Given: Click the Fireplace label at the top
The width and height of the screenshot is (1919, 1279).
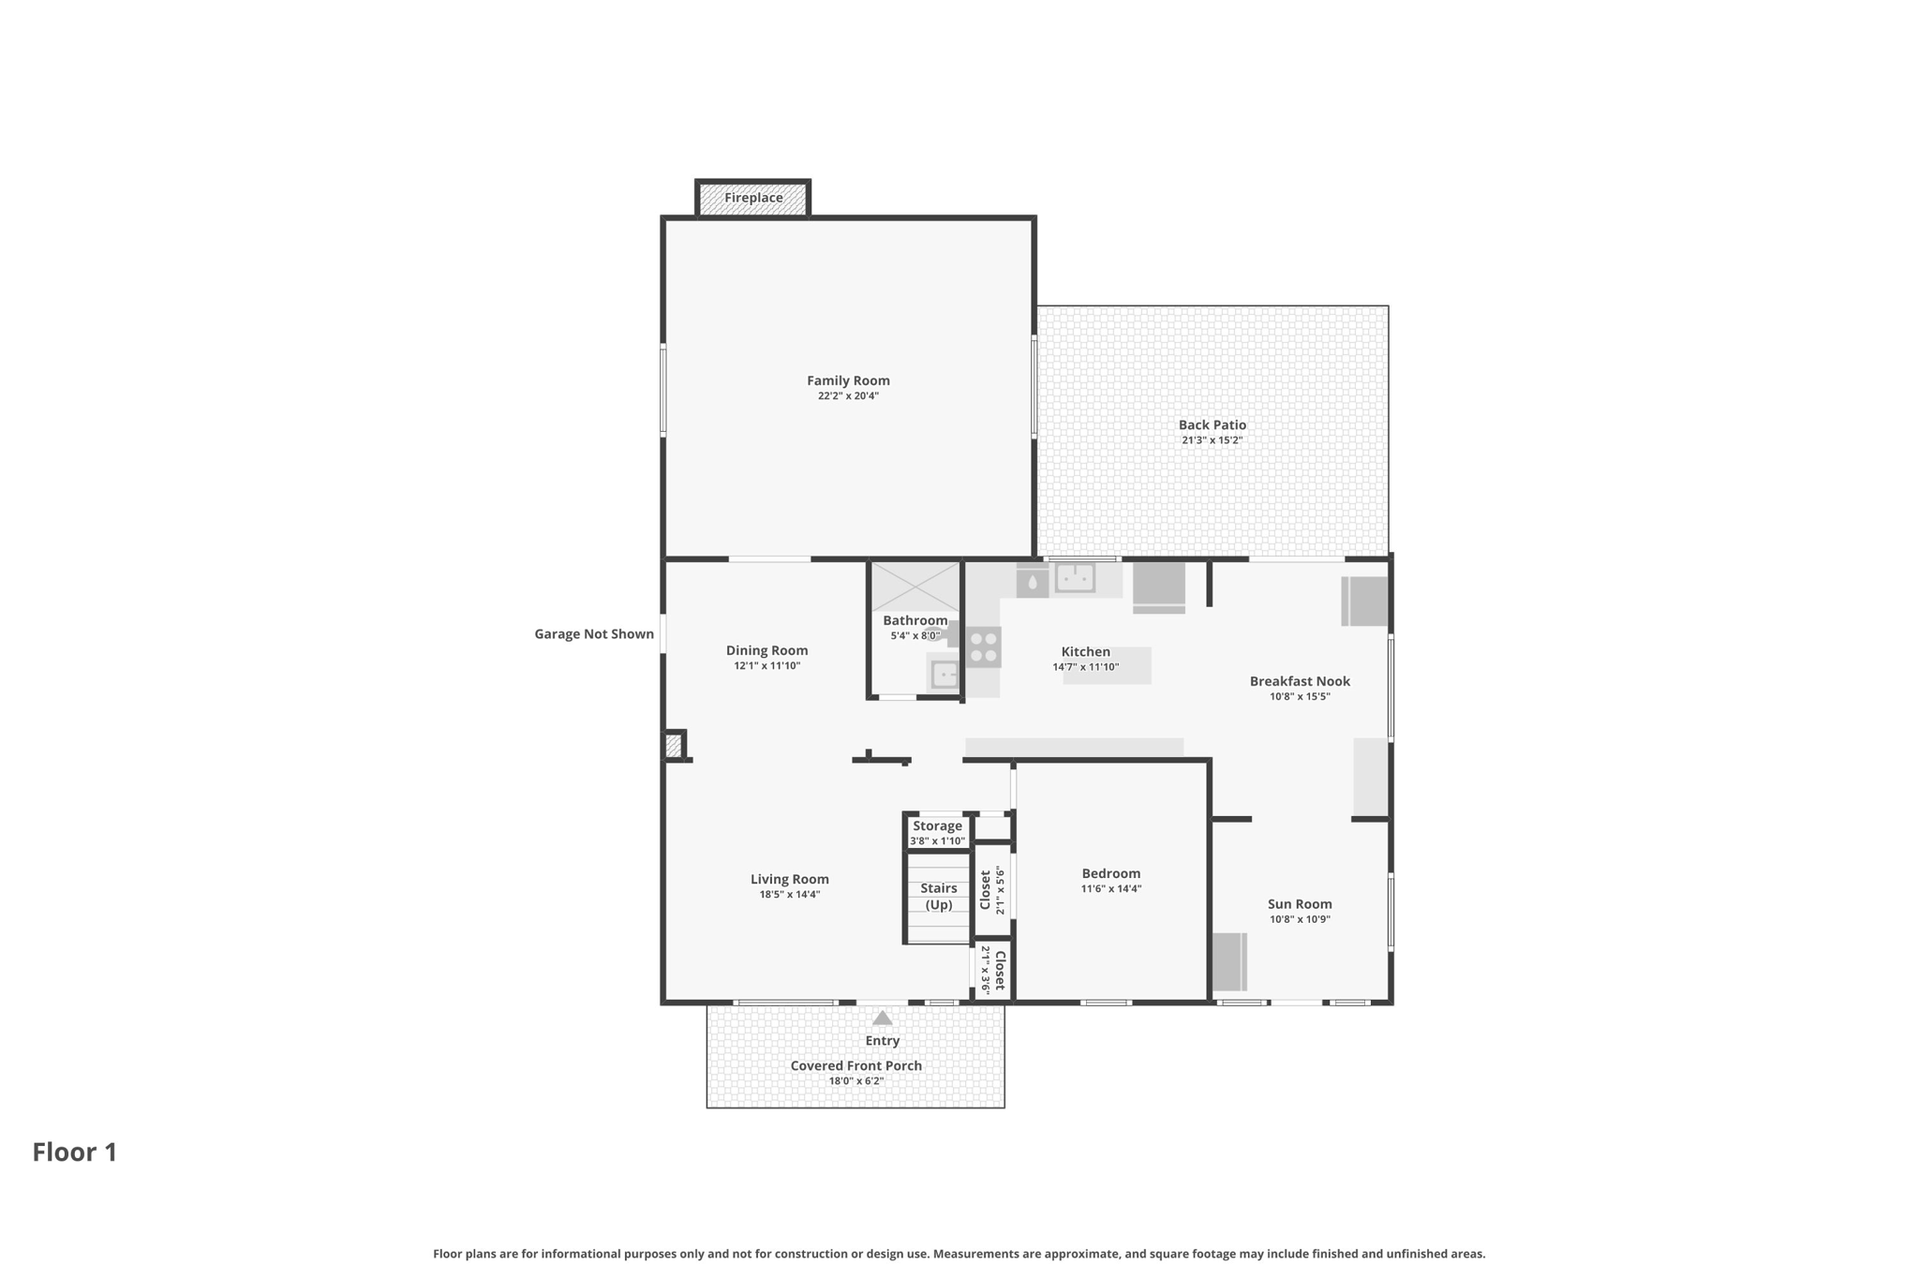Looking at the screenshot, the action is (x=753, y=198).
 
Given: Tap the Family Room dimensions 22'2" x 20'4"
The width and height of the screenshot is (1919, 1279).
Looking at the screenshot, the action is (x=848, y=396).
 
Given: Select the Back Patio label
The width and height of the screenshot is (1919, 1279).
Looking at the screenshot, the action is (x=1212, y=425).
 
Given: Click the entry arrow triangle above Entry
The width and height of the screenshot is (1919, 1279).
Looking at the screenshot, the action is (x=882, y=1018).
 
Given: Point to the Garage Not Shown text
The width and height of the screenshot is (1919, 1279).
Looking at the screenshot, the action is (x=594, y=634).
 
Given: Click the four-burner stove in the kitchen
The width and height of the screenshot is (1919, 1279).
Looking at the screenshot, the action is (x=983, y=647).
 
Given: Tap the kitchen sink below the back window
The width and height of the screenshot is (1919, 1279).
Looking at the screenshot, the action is (x=1075, y=577).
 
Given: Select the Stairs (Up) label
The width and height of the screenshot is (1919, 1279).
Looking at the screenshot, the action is (x=939, y=897).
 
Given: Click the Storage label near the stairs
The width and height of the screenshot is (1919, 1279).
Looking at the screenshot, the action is (x=937, y=825).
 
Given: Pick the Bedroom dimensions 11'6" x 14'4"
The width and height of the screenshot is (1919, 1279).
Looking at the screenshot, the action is (x=1111, y=889).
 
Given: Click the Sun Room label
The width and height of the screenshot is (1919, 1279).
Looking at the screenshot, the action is (x=1300, y=904).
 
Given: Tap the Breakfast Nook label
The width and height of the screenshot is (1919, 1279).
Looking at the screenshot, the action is (x=1300, y=681).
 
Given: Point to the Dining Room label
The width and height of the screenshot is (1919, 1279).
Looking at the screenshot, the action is (x=766, y=650).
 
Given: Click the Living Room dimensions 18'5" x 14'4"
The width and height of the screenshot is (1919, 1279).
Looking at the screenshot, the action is (x=789, y=895).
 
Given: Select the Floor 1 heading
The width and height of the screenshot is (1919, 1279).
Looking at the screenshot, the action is (x=75, y=1153).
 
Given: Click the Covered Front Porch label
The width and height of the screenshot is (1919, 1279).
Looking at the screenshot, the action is (x=855, y=1066).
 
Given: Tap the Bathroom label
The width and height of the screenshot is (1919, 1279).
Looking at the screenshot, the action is (x=915, y=620).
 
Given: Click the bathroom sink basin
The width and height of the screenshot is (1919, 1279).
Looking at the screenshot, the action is (x=945, y=674).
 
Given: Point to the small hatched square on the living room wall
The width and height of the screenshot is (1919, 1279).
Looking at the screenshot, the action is (x=673, y=746).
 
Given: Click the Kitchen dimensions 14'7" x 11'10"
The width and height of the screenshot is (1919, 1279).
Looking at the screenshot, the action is (x=1085, y=668).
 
